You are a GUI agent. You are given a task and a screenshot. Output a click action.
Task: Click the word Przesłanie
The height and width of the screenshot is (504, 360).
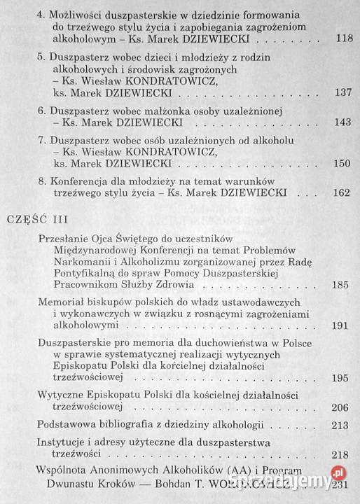coord(63,239)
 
